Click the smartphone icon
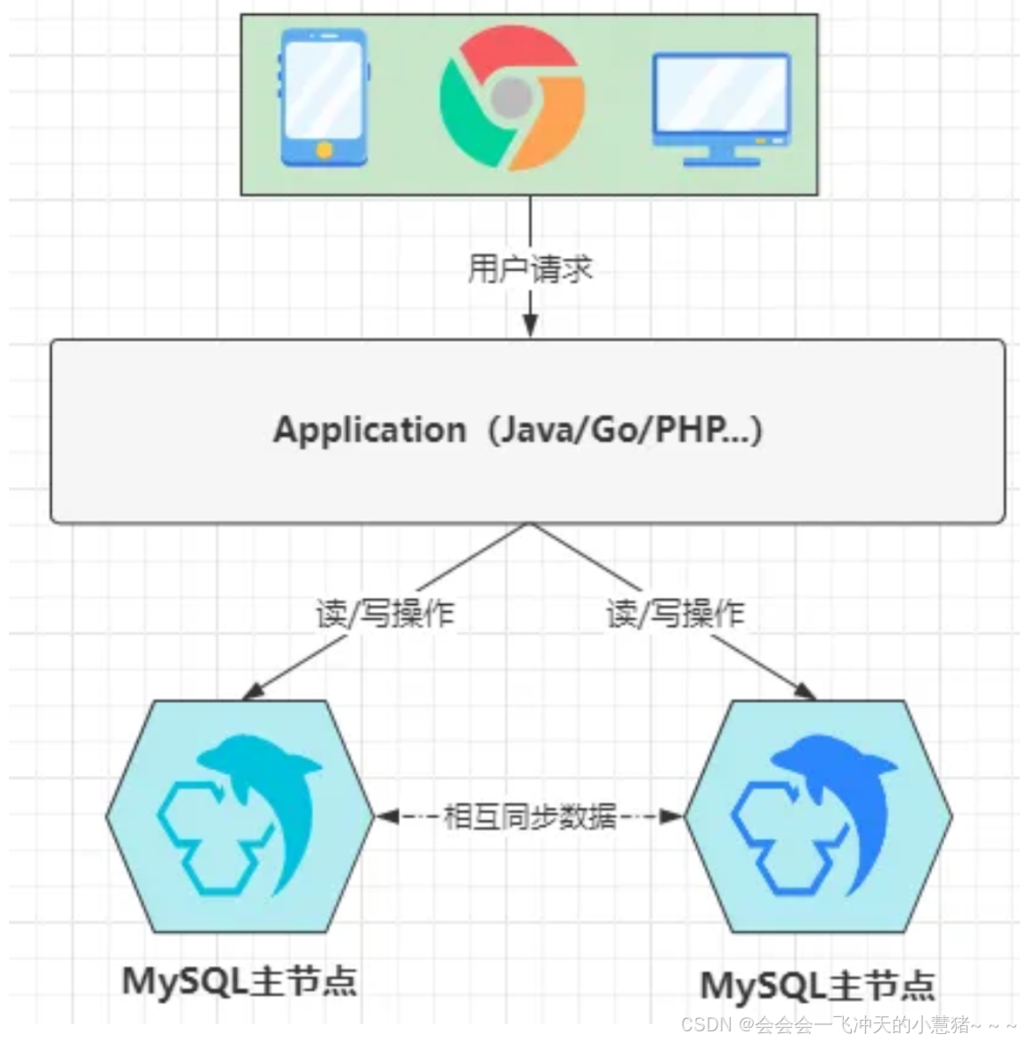(x=324, y=98)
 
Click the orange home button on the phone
(x=325, y=149)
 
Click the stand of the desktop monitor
(x=721, y=158)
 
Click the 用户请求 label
(x=530, y=268)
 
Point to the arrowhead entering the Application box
(x=530, y=327)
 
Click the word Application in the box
(x=368, y=430)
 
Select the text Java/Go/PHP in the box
(x=623, y=430)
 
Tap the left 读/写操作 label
(x=385, y=613)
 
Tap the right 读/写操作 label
(x=676, y=613)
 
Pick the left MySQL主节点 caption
(x=239, y=981)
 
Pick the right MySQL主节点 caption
(x=818, y=986)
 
